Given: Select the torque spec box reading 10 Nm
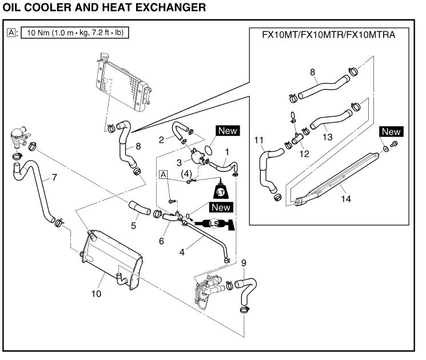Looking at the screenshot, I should [x=75, y=33].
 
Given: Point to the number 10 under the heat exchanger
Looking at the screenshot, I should [x=95, y=294].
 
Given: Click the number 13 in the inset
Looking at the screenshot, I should [x=327, y=138].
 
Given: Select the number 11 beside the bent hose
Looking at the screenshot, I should [x=258, y=140].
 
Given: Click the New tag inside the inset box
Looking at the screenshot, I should [x=391, y=132].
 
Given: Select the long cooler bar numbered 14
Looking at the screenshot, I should [x=337, y=177].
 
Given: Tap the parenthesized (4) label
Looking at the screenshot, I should [x=186, y=173].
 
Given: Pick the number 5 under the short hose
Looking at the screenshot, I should [x=133, y=226].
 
